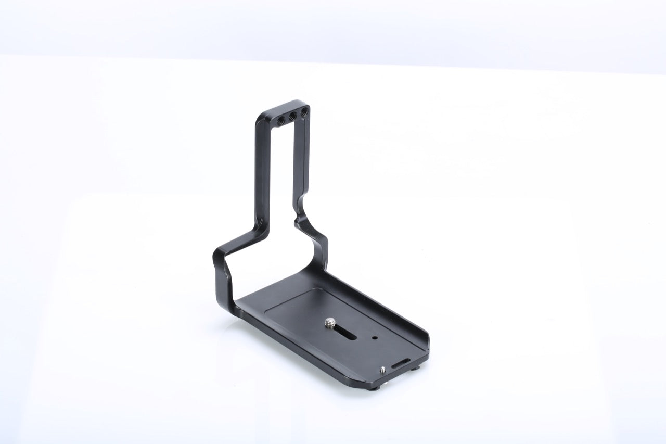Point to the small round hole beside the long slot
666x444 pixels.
pos(375,337)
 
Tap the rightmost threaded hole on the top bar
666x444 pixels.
pos(305,111)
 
